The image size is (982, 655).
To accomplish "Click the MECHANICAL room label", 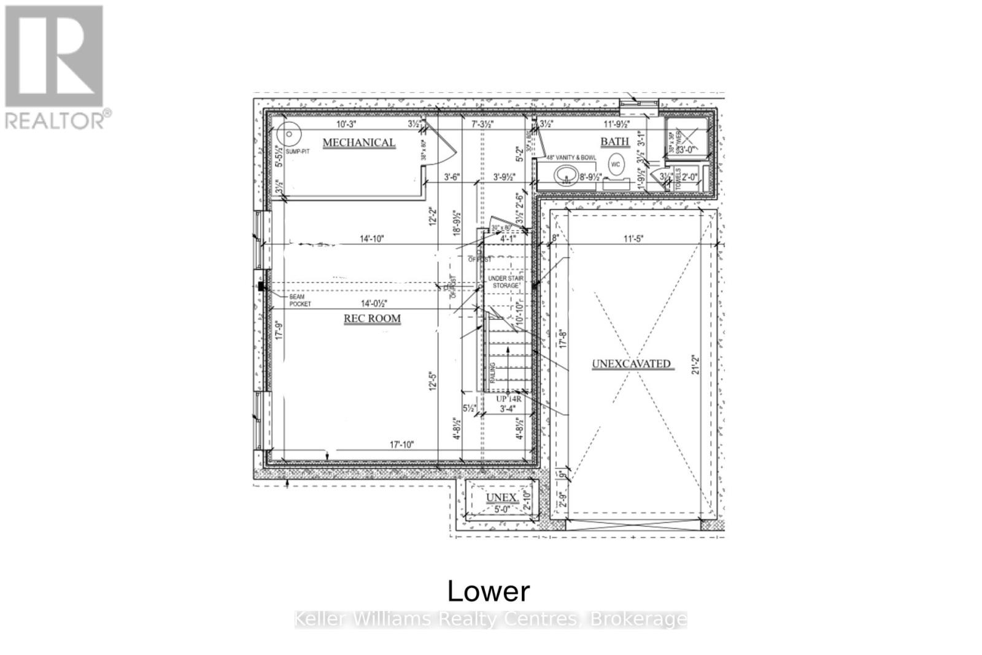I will coord(359,142).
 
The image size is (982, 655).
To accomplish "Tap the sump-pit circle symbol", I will coord(286,133).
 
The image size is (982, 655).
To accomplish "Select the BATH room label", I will coord(614,142).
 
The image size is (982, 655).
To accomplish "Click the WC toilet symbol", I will coord(616,164).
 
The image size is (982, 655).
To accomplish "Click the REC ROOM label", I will coord(372,319).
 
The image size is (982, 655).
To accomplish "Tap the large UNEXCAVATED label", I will coord(631,363).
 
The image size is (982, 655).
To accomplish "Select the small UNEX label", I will coord(501,497).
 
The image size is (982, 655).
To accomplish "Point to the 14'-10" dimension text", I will coord(371,238).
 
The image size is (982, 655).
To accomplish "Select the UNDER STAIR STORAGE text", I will coord(506,282).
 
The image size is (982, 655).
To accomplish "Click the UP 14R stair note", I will coord(509,398).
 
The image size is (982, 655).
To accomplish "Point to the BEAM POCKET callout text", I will coord(300,300).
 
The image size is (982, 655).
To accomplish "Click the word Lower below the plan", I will coord(489,591).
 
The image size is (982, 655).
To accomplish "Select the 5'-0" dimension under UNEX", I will coord(502,509).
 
